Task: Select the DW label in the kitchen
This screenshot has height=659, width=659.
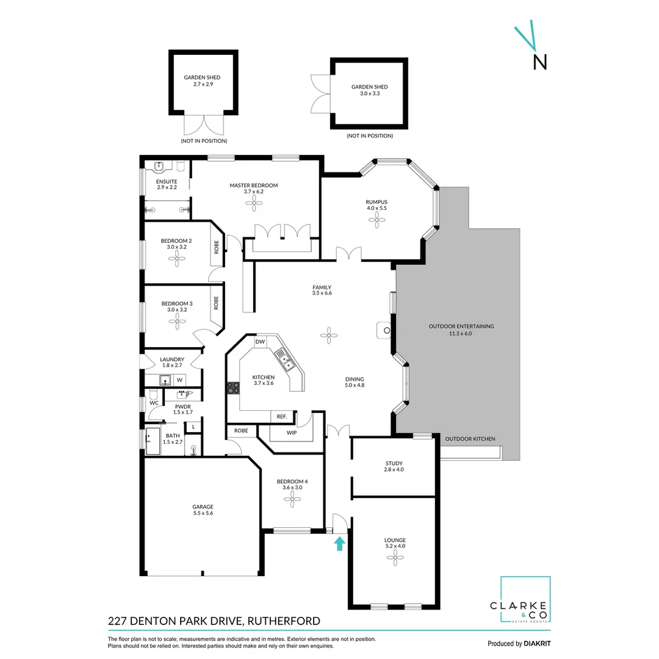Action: (260, 342)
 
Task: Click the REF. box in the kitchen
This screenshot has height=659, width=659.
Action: (281, 417)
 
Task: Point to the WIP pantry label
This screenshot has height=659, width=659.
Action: (291, 433)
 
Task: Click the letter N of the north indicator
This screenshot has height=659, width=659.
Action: (539, 62)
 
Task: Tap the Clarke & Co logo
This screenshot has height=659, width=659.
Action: (525, 600)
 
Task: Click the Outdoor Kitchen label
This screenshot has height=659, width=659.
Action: (470, 439)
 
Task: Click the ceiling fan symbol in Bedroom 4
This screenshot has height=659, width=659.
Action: (292, 500)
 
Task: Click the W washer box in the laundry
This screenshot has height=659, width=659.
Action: (180, 380)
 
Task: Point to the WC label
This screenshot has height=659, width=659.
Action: (154, 403)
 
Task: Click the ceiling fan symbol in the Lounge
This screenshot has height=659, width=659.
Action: (395, 557)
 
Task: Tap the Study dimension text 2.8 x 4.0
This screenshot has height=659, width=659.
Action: (394, 469)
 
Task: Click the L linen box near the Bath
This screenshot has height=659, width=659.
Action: (193, 427)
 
